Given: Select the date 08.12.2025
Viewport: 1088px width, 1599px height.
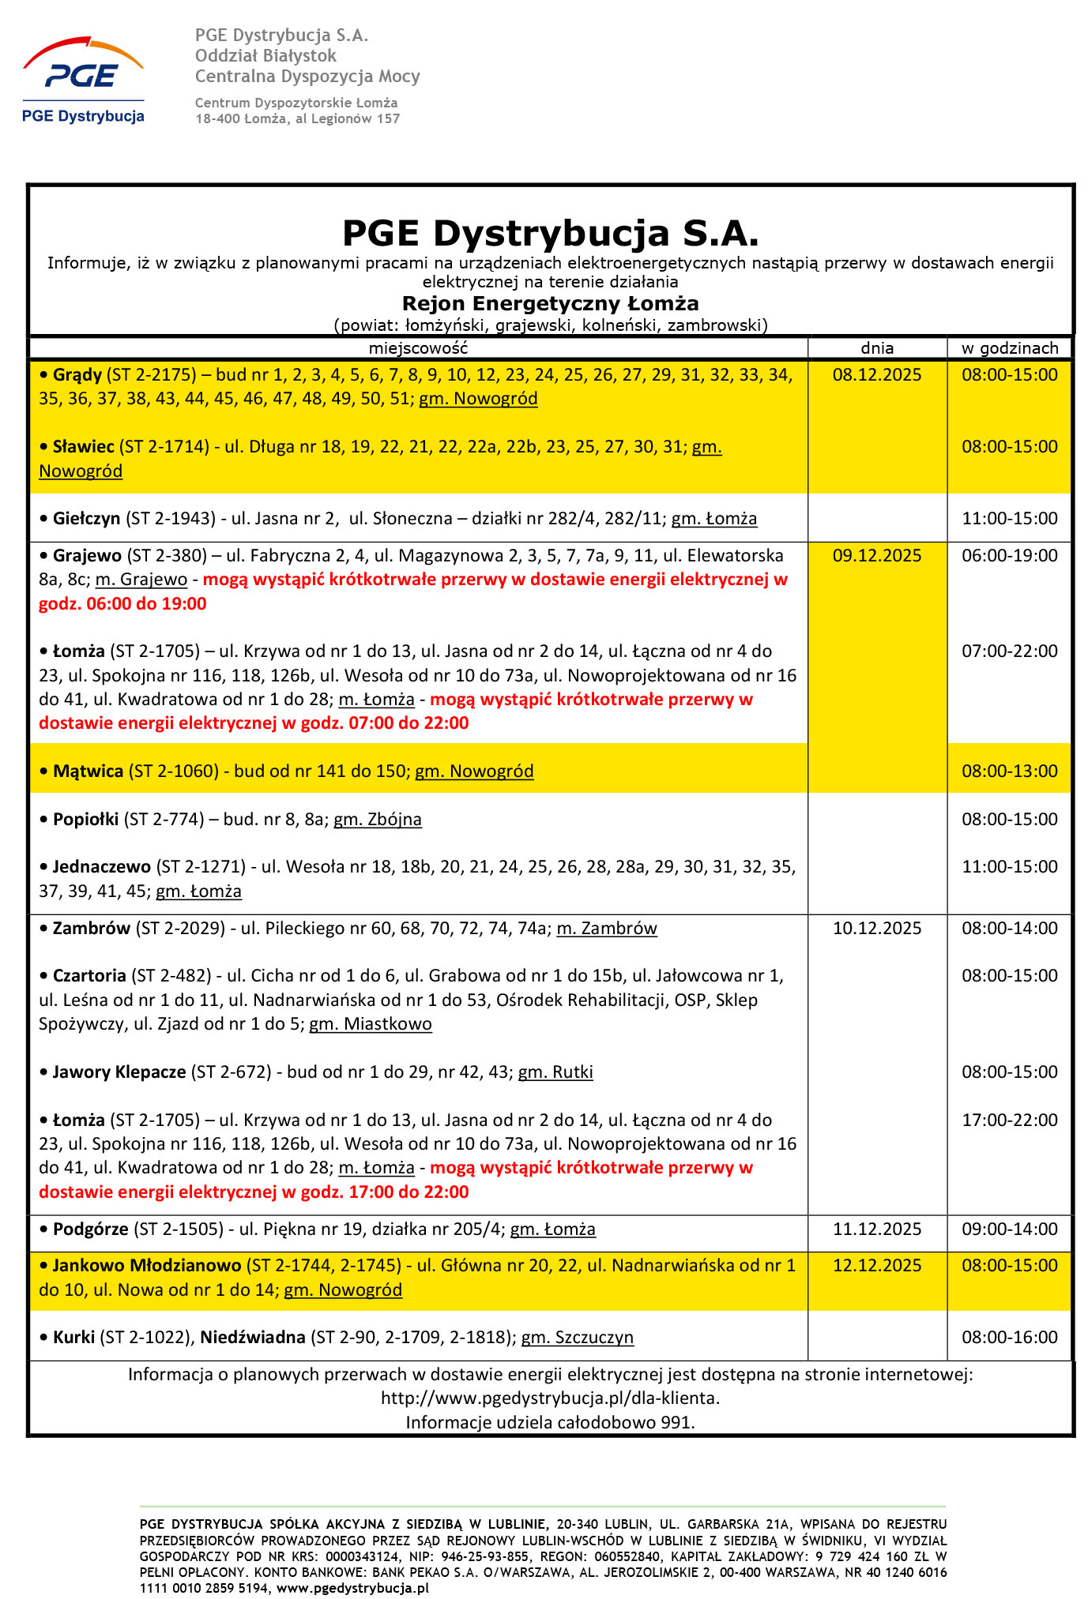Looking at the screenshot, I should point(876,375).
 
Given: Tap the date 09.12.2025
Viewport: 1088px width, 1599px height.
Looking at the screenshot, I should point(876,556).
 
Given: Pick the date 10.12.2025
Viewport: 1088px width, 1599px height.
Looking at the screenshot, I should point(876,929).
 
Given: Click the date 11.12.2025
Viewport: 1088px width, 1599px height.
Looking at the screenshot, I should point(876,1229).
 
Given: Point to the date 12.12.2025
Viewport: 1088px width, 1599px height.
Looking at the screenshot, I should point(876,1266).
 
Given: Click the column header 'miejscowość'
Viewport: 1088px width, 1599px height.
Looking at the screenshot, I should point(418,348).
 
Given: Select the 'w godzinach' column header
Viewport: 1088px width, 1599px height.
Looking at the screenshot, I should point(1009,348).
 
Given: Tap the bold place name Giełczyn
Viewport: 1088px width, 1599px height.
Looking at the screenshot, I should point(86,519).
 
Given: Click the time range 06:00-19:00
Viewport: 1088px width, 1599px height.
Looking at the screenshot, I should point(1009,556).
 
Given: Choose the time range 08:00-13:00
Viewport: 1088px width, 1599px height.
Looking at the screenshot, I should point(1009,771).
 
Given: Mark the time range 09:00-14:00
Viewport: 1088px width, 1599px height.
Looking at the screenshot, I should point(1009,1229).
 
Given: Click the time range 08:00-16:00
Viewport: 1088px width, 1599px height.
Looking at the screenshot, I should point(1009,1338).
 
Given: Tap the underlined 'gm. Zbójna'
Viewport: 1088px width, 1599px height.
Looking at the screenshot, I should point(377,820).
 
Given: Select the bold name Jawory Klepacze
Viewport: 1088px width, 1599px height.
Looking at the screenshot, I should point(119,1072).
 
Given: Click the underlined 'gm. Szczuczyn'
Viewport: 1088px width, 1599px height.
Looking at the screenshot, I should point(577,1338).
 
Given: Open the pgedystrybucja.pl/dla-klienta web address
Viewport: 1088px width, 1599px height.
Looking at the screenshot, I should point(550,1398).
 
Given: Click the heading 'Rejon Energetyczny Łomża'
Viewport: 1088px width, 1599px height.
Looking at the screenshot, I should point(550,304).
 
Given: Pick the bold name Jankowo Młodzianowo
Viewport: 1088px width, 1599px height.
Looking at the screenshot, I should point(147,1266).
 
